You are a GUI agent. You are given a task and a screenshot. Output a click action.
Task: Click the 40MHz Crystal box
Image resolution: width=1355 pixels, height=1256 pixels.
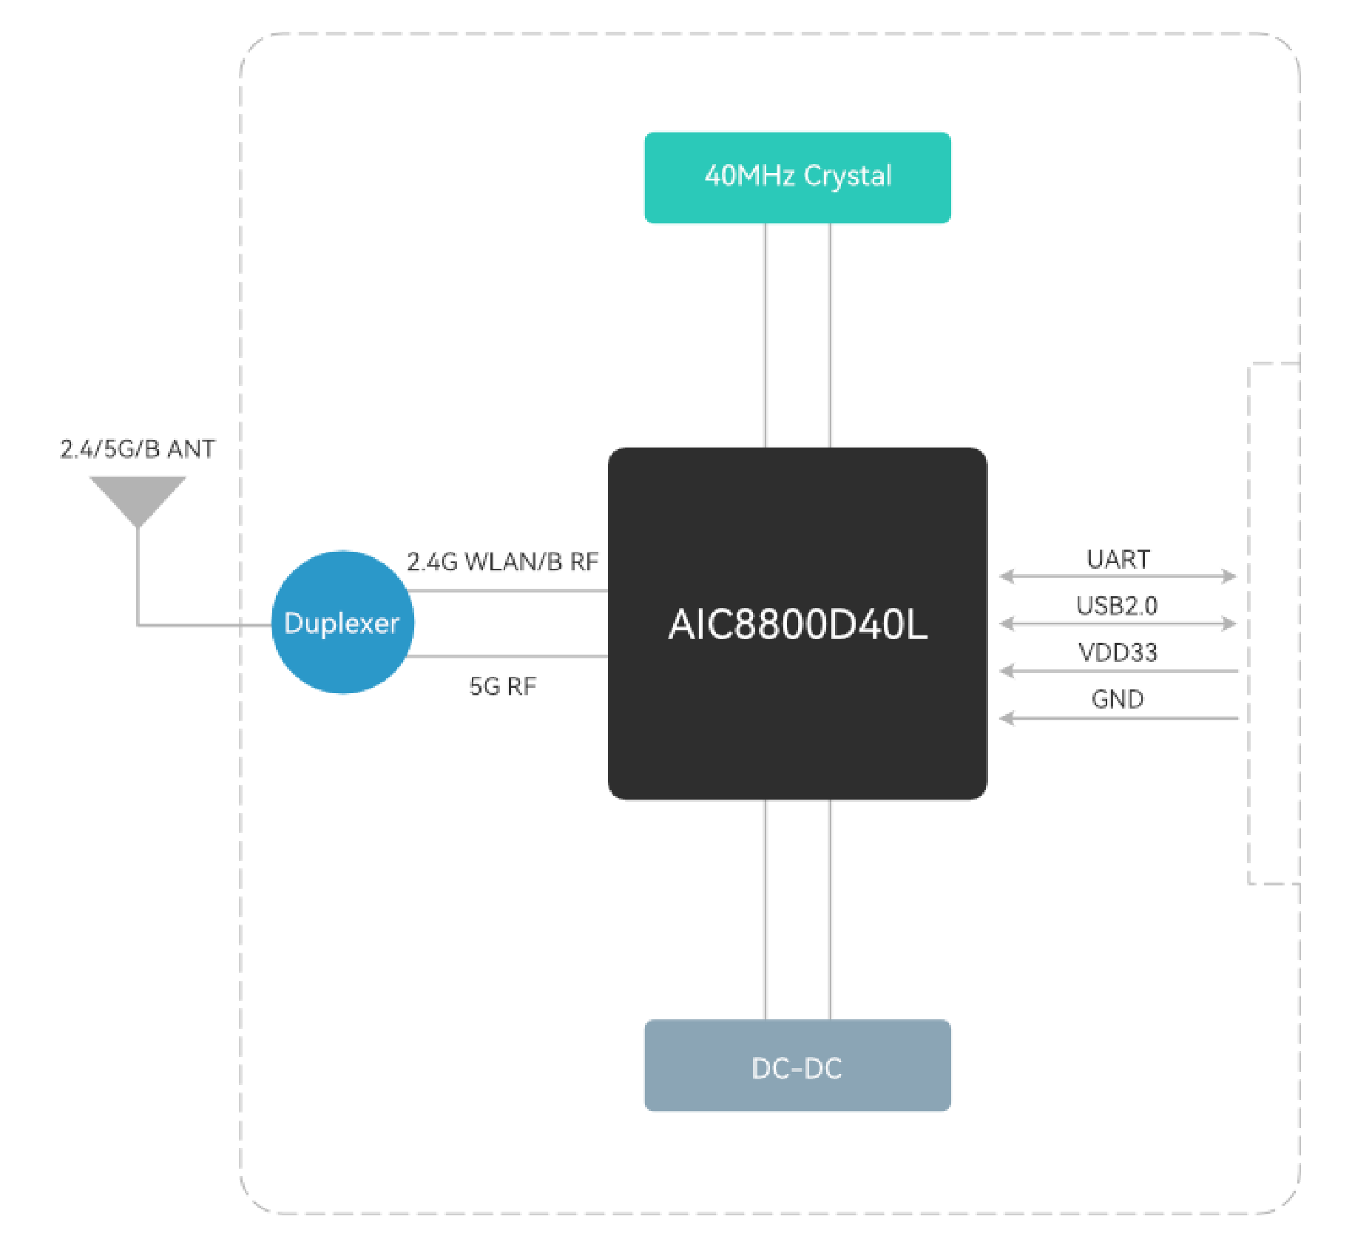pyautogui.click(x=797, y=178)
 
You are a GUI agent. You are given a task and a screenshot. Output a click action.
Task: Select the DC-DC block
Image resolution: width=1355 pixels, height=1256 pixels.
pyautogui.click(x=797, y=1065)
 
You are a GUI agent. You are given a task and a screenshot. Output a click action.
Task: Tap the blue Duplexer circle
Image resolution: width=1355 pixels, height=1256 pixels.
pyautogui.click(x=342, y=623)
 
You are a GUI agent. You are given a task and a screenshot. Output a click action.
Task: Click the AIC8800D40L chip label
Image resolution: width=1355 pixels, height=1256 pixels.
pyautogui.click(x=797, y=624)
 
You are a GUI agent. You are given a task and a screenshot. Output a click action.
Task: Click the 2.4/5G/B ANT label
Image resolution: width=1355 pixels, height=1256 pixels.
pyautogui.click(x=138, y=449)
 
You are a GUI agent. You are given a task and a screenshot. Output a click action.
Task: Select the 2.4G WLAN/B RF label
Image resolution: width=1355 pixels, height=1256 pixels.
pyautogui.click(x=503, y=562)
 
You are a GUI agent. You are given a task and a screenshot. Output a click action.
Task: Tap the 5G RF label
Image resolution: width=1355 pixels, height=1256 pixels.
pyautogui.click(x=503, y=686)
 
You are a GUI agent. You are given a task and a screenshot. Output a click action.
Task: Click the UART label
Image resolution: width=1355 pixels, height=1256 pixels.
pyautogui.click(x=1118, y=559)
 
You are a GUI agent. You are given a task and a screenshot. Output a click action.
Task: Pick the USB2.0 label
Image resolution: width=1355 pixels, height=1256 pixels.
pyautogui.click(x=1117, y=606)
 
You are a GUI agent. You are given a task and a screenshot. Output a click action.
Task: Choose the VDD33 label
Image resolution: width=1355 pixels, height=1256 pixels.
pyautogui.click(x=1118, y=652)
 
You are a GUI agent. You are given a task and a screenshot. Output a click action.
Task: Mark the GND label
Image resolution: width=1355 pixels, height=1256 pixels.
pyautogui.click(x=1118, y=699)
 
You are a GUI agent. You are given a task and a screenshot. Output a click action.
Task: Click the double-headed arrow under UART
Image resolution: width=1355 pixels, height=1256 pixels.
pyautogui.click(x=1118, y=576)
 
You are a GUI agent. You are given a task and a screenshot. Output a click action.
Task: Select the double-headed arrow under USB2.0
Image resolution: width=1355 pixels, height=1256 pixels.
pyautogui.click(x=1118, y=624)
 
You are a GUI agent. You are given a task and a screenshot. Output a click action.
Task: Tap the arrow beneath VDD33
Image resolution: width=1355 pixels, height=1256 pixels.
pyautogui.click(x=1118, y=671)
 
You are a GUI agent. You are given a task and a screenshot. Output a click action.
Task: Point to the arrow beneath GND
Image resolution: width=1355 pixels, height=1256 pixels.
pyautogui.click(x=1118, y=718)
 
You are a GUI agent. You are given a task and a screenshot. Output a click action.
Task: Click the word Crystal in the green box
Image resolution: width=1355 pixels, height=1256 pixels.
pyautogui.click(x=848, y=176)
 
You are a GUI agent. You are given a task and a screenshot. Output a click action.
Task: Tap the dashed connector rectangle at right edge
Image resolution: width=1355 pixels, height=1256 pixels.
pyautogui.click(x=1274, y=623)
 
